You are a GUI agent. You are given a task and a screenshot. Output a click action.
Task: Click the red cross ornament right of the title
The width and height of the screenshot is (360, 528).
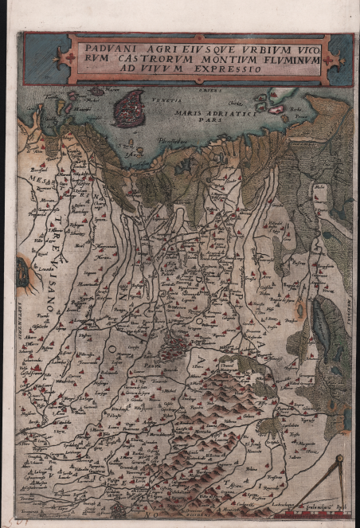(330, 58)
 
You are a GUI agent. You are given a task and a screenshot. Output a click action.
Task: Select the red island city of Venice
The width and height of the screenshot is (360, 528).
(128, 108)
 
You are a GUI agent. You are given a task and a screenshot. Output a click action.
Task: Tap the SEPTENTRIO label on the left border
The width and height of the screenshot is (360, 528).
(15, 311)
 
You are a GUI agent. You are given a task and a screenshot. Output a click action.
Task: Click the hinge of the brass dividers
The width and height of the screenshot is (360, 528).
(340, 460)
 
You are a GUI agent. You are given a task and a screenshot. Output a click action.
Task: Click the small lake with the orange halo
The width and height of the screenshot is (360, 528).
(22, 273)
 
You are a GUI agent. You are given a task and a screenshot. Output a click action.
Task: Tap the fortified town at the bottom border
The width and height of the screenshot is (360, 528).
(119, 510)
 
